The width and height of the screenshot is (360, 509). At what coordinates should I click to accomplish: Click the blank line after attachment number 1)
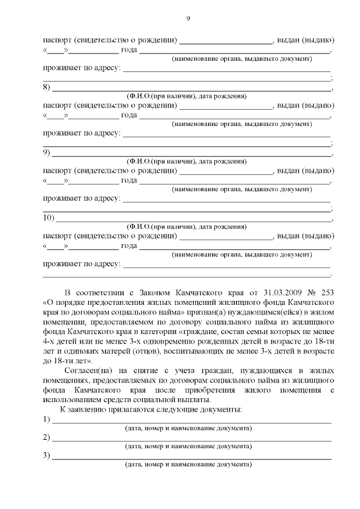(x=191, y=420)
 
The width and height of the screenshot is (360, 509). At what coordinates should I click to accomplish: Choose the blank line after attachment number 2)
(x=191, y=438)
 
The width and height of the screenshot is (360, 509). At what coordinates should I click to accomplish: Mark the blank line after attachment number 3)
(x=191, y=456)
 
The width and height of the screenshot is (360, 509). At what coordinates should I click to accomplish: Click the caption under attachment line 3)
(x=188, y=464)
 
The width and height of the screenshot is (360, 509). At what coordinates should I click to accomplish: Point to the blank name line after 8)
(x=191, y=88)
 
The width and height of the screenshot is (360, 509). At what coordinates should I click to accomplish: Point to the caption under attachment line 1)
(x=188, y=429)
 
